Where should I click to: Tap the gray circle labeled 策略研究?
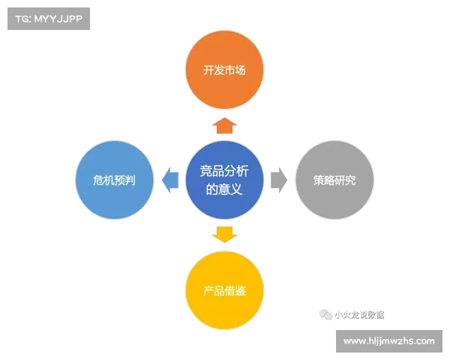pyautogui.click(x=334, y=181)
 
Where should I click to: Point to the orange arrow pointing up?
pyautogui.click(x=224, y=124)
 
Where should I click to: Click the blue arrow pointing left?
pyautogui.click(x=170, y=181)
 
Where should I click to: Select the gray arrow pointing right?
pyautogui.click(x=278, y=181)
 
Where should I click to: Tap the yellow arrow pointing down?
pyautogui.click(x=224, y=233)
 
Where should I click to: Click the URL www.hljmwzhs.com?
pyautogui.click(x=389, y=341)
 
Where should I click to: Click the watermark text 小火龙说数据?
pyautogui.click(x=358, y=315)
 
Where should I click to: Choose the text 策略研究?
pyautogui.click(x=334, y=181)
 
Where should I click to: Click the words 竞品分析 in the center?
pyautogui.click(x=224, y=172)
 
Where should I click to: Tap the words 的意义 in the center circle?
pyautogui.click(x=224, y=190)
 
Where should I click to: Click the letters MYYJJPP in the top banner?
pyautogui.click(x=58, y=19)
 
